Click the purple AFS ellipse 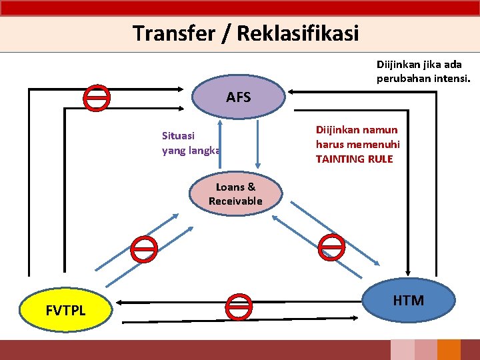pyautogui.click(x=238, y=97)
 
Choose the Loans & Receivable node pyautogui.click(x=235, y=194)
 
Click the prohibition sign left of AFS pyautogui.click(x=97, y=97)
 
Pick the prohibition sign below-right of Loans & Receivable pyautogui.click(x=331, y=247)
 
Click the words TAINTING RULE pyautogui.click(x=355, y=159)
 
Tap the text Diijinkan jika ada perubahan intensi pyautogui.click(x=423, y=71)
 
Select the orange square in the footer pyautogui.click(x=449, y=350)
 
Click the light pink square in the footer pyautogui.click(x=402, y=350)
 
